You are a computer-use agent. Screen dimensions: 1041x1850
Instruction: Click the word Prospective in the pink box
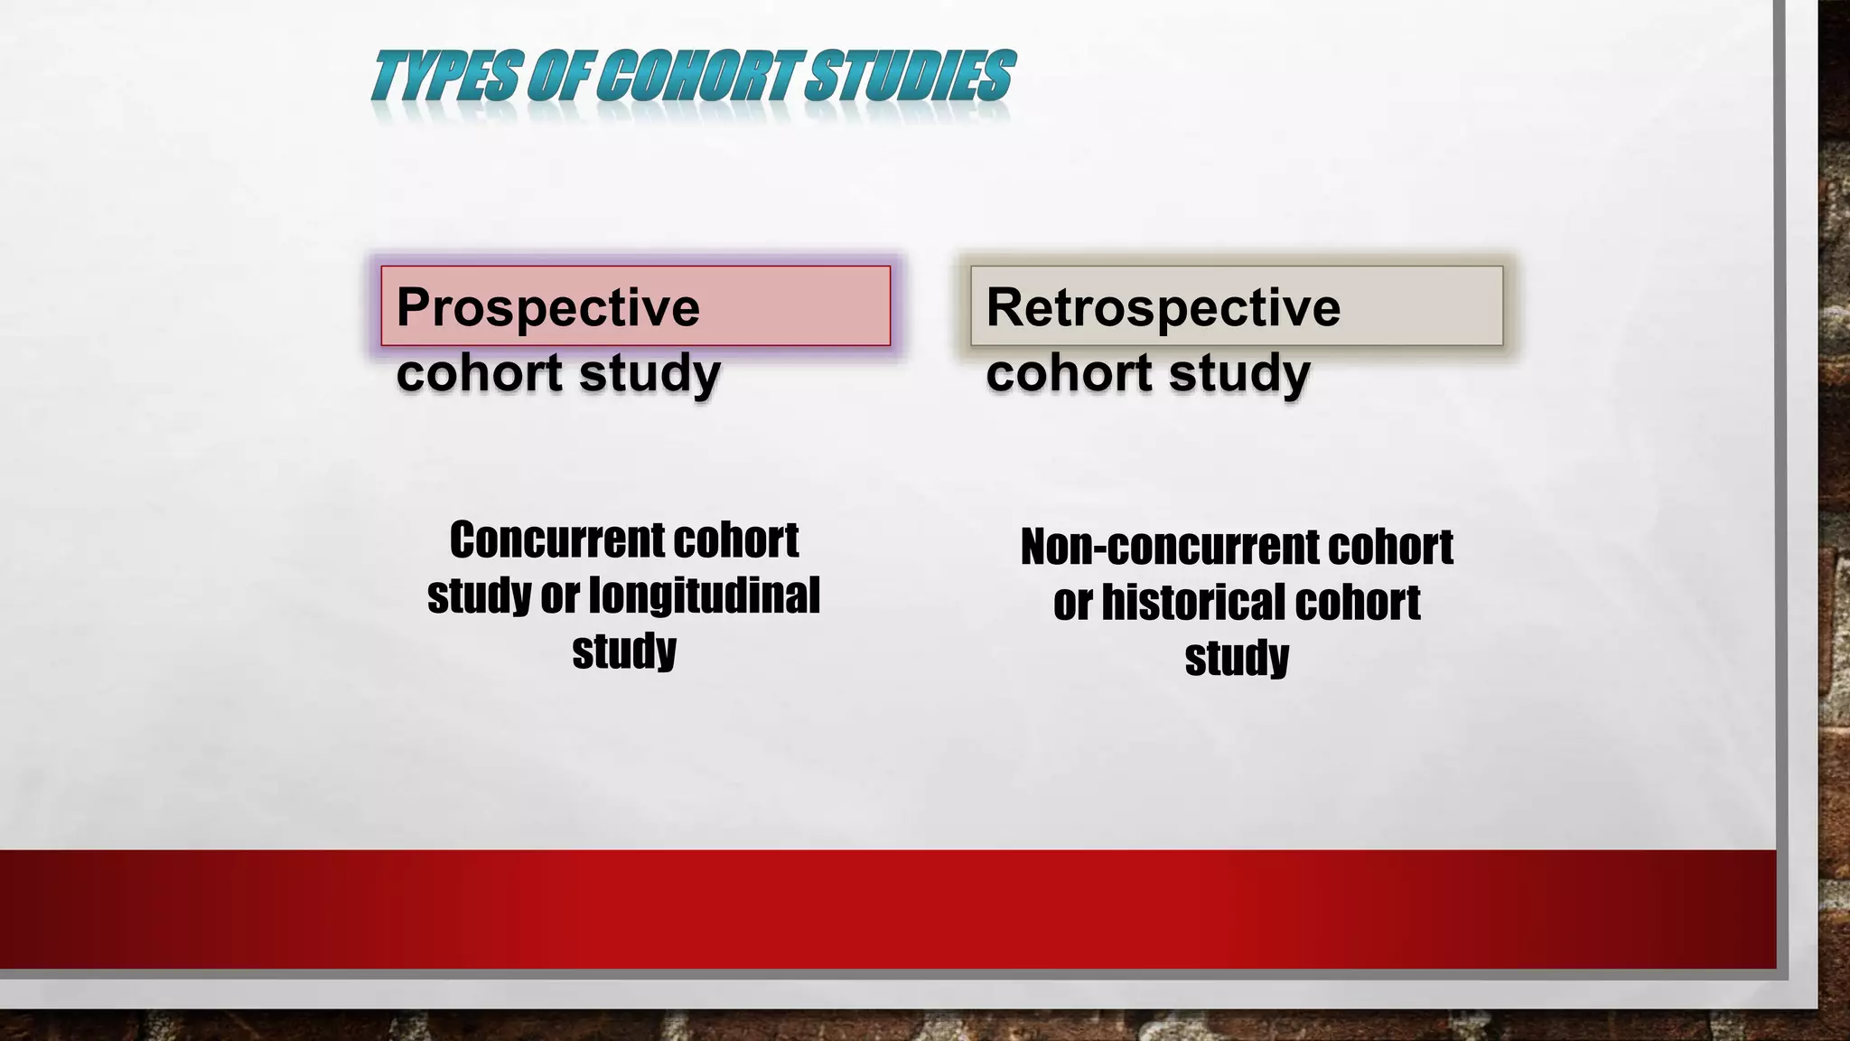[x=547, y=307]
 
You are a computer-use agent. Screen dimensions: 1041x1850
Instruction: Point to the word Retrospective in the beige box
[x=1163, y=307]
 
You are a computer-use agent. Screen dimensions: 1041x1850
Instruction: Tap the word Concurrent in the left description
[x=556, y=540]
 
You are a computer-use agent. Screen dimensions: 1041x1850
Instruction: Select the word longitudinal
[x=704, y=596]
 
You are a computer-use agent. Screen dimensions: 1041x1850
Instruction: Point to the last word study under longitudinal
[x=624, y=652]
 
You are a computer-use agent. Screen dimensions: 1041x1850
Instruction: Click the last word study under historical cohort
[x=1237, y=659]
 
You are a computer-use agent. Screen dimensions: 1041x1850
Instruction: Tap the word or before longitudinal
[x=559, y=596]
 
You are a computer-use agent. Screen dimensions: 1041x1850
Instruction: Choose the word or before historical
[x=1072, y=604]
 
